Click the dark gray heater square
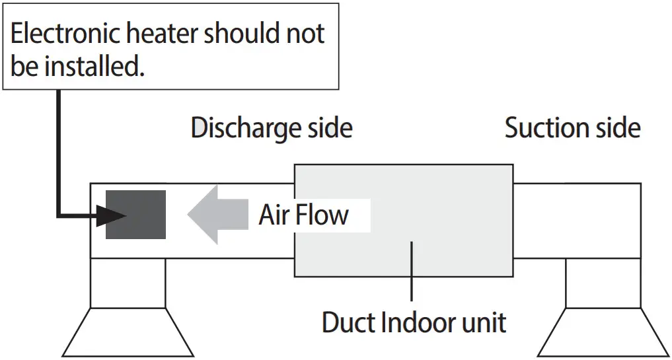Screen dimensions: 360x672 135,214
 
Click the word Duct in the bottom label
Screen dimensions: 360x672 348,323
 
